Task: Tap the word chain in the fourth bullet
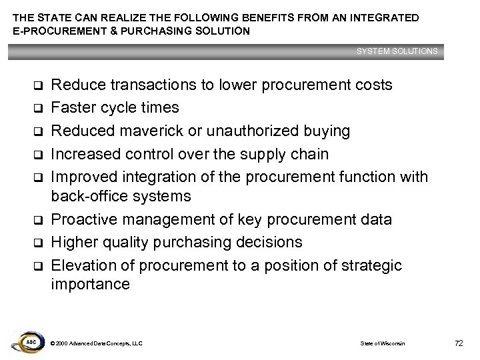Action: click(x=309, y=154)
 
